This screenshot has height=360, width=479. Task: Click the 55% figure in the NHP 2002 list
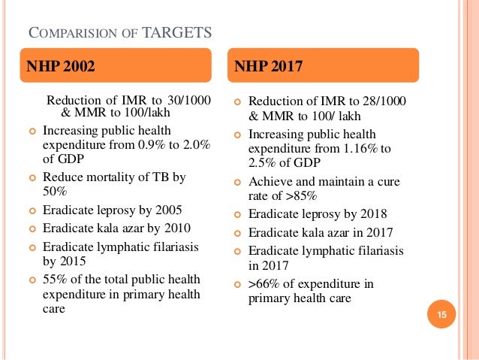(55, 279)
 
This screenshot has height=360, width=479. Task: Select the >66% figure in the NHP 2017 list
(264, 283)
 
